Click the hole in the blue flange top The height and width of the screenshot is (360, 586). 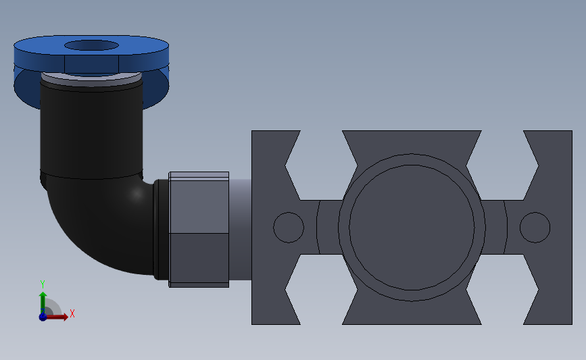(x=91, y=45)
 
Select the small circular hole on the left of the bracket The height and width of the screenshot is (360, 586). (x=289, y=228)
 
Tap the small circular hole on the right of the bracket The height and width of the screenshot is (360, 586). (x=535, y=228)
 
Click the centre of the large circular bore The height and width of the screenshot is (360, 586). (x=412, y=228)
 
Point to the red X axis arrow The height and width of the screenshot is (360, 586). (x=56, y=317)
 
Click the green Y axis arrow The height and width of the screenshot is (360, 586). (x=43, y=303)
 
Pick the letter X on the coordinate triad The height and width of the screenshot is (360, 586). (x=72, y=313)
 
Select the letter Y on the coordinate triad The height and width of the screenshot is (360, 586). (x=43, y=284)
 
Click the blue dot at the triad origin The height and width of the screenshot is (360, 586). (x=43, y=317)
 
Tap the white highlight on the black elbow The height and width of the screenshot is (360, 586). (x=137, y=193)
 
